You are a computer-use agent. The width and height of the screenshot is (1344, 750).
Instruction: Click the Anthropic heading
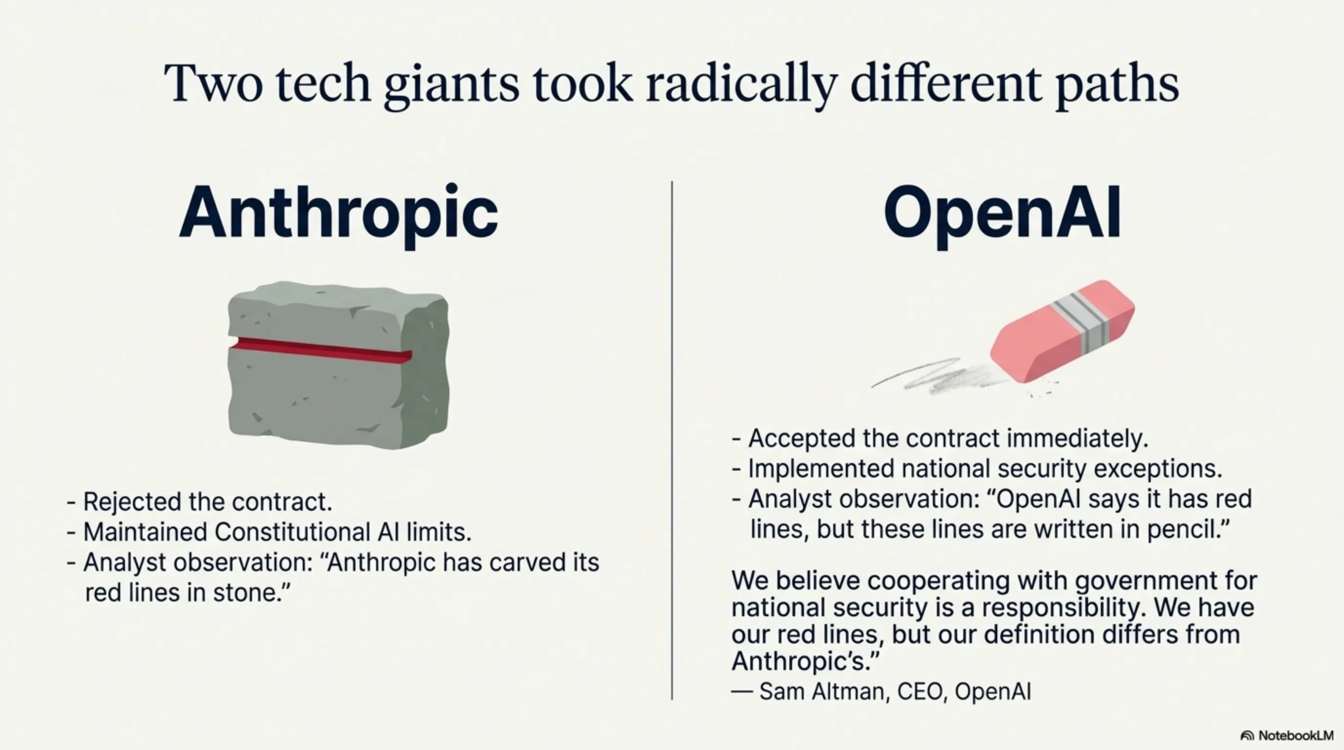tap(338, 212)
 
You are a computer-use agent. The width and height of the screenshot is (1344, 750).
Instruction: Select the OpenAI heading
tap(1002, 212)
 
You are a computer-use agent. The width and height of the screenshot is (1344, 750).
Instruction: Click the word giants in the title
tap(451, 83)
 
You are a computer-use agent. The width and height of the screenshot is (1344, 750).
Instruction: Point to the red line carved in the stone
tap(321, 350)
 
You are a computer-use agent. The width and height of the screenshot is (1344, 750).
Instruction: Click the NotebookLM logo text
tap(1296, 735)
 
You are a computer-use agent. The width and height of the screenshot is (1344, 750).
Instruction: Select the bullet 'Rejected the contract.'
tap(207, 502)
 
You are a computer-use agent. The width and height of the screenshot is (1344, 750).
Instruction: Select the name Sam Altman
tap(822, 691)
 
